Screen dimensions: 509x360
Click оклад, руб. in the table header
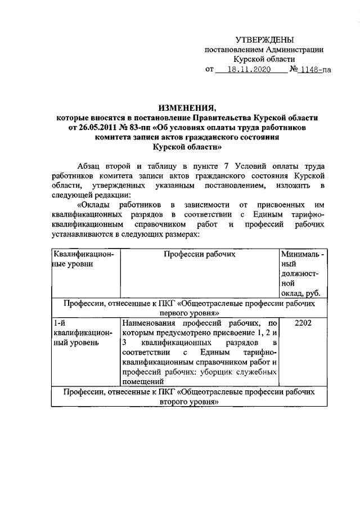tap(300, 293)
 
